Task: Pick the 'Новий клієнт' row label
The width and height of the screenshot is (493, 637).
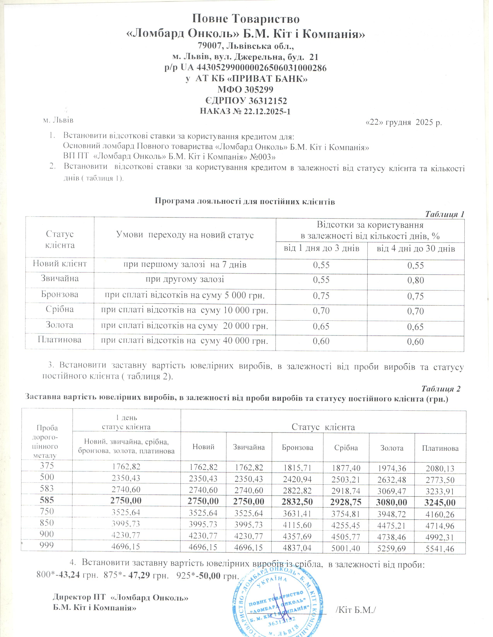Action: click(x=60, y=264)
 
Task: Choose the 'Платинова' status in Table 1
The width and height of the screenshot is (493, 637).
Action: click(x=60, y=340)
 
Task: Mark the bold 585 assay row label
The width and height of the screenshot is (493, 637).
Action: click(x=47, y=500)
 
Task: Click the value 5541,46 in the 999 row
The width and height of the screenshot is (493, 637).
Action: click(x=440, y=549)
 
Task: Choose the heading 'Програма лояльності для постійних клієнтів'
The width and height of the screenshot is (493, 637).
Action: click(x=244, y=202)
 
